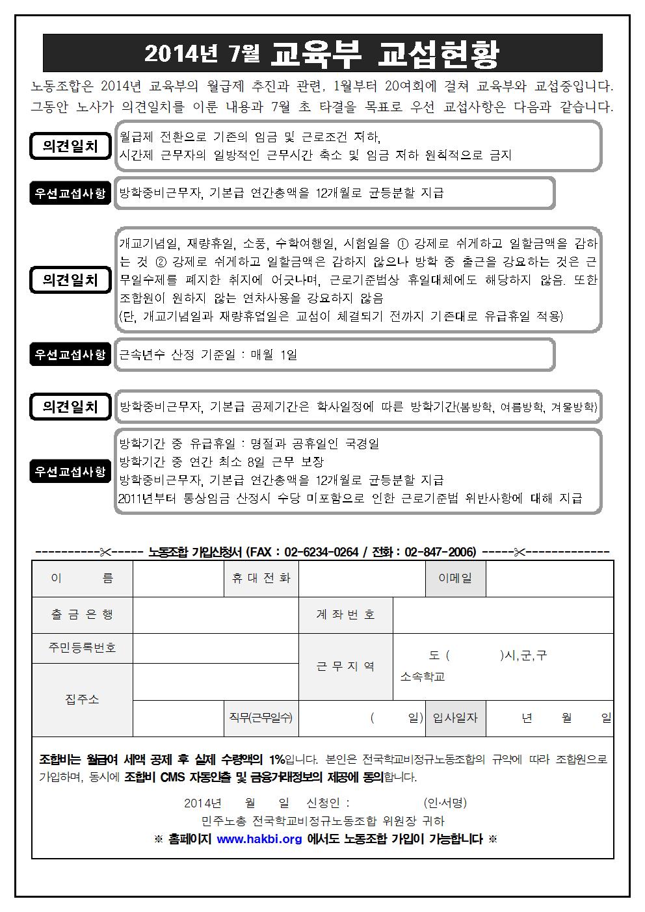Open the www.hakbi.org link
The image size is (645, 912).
pyautogui.click(x=259, y=839)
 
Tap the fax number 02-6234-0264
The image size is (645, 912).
pyautogui.click(x=321, y=552)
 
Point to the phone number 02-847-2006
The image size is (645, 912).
pyautogui.click(x=440, y=552)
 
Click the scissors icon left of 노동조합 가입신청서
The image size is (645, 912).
pyautogui.click(x=105, y=552)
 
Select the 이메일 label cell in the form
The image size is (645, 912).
pyautogui.click(x=455, y=578)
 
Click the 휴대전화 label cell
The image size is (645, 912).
pyautogui.click(x=261, y=578)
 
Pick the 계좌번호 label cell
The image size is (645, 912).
pyautogui.click(x=345, y=614)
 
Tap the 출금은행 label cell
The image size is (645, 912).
pyautogui.click(x=82, y=614)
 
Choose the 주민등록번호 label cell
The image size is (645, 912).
pyautogui.click(x=82, y=648)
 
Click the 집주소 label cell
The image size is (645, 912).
pyautogui.click(x=82, y=699)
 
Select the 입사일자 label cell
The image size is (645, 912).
pyautogui.click(x=455, y=718)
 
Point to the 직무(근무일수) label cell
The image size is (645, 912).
pyautogui.click(x=261, y=718)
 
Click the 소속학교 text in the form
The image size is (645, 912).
pyautogui.click(x=423, y=677)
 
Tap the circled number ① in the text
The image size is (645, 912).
pyautogui.click(x=402, y=244)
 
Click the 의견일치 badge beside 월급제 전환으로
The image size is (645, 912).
pyautogui.click(x=70, y=146)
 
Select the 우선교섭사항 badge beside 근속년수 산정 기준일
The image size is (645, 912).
pyautogui.click(x=70, y=354)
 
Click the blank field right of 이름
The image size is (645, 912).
pyautogui.click(x=178, y=578)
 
